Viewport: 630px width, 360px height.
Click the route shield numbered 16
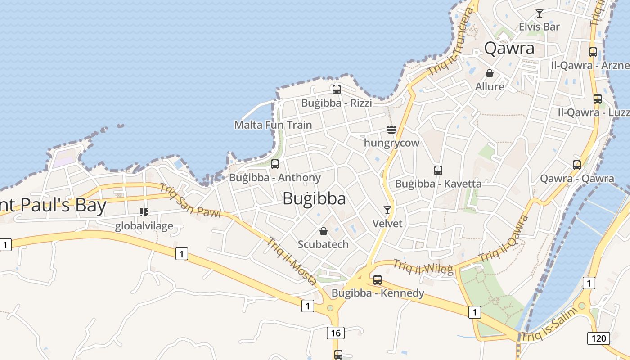pyautogui.click(x=335, y=333)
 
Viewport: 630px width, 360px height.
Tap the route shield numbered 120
pyautogui.click(x=598, y=338)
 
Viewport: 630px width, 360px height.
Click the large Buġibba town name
pyautogui.click(x=314, y=199)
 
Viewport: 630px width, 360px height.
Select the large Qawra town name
pyautogui.click(x=509, y=49)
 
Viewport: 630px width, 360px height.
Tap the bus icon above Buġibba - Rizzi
pyautogui.click(x=337, y=90)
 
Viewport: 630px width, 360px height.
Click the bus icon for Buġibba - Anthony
pyautogui.click(x=275, y=164)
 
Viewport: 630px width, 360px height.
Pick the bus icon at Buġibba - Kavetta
pyautogui.click(x=438, y=171)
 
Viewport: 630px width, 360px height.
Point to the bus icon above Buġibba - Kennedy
pyautogui.click(x=378, y=280)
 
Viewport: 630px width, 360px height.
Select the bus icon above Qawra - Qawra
pyautogui.click(x=577, y=165)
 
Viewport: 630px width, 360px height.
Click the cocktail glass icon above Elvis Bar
pyautogui.click(x=539, y=13)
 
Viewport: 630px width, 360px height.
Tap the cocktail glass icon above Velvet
pyautogui.click(x=387, y=210)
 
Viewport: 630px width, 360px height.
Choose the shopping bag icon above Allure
pyautogui.click(x=490, y=73)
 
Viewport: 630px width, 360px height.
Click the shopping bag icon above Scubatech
pyautogui.click(x=323, y=231)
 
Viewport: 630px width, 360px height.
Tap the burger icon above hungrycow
pyautogui.click(x=391, y=130)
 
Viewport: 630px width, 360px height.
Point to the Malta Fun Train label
pyautogui.click(x=273, y=125)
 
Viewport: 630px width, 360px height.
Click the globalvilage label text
pyautogui.click(x=144, y=226)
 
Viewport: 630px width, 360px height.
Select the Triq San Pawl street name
pyautogui.click(x=190, y=201)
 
